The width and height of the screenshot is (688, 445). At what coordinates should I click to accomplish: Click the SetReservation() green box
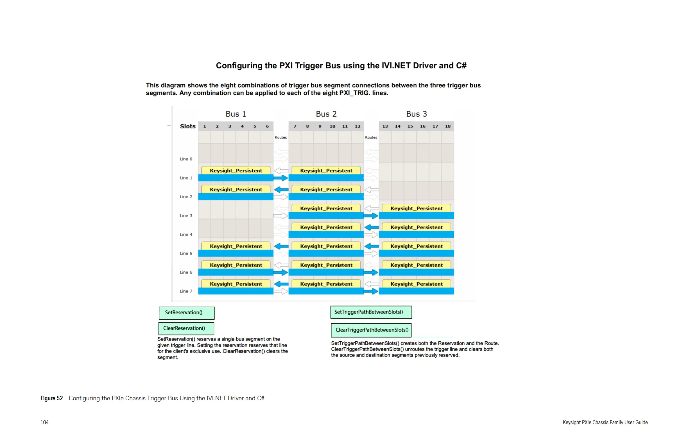[186, 313]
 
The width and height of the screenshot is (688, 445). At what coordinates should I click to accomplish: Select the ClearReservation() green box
[186, 328]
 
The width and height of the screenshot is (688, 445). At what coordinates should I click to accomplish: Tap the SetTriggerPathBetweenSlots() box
[371, 312]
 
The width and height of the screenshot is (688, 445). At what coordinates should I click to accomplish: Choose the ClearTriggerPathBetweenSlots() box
[371, 330]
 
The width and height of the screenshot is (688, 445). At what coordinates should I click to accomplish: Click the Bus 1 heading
[236, 114]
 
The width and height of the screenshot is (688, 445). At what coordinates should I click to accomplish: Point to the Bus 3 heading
[416, 114]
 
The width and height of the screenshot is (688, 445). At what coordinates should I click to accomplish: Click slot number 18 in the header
[447, 126]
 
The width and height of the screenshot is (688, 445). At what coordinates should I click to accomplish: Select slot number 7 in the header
[295, 126]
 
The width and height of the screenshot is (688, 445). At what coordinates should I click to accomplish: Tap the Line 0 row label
[186, 159]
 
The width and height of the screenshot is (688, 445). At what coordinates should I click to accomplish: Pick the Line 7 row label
[186, 291]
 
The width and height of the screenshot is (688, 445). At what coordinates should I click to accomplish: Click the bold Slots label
[188, 126]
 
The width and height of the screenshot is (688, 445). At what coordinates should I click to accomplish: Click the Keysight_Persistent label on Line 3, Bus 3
[416, 208]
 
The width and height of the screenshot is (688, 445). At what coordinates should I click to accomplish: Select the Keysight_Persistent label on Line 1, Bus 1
[236, 171]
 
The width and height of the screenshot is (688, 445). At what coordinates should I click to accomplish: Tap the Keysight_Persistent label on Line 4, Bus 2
[326, 227]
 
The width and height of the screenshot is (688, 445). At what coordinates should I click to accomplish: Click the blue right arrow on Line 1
[281, 178]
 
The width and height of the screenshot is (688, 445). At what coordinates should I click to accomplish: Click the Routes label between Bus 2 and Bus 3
[371, 138]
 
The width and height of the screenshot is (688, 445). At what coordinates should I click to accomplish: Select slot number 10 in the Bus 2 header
[332, 126]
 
